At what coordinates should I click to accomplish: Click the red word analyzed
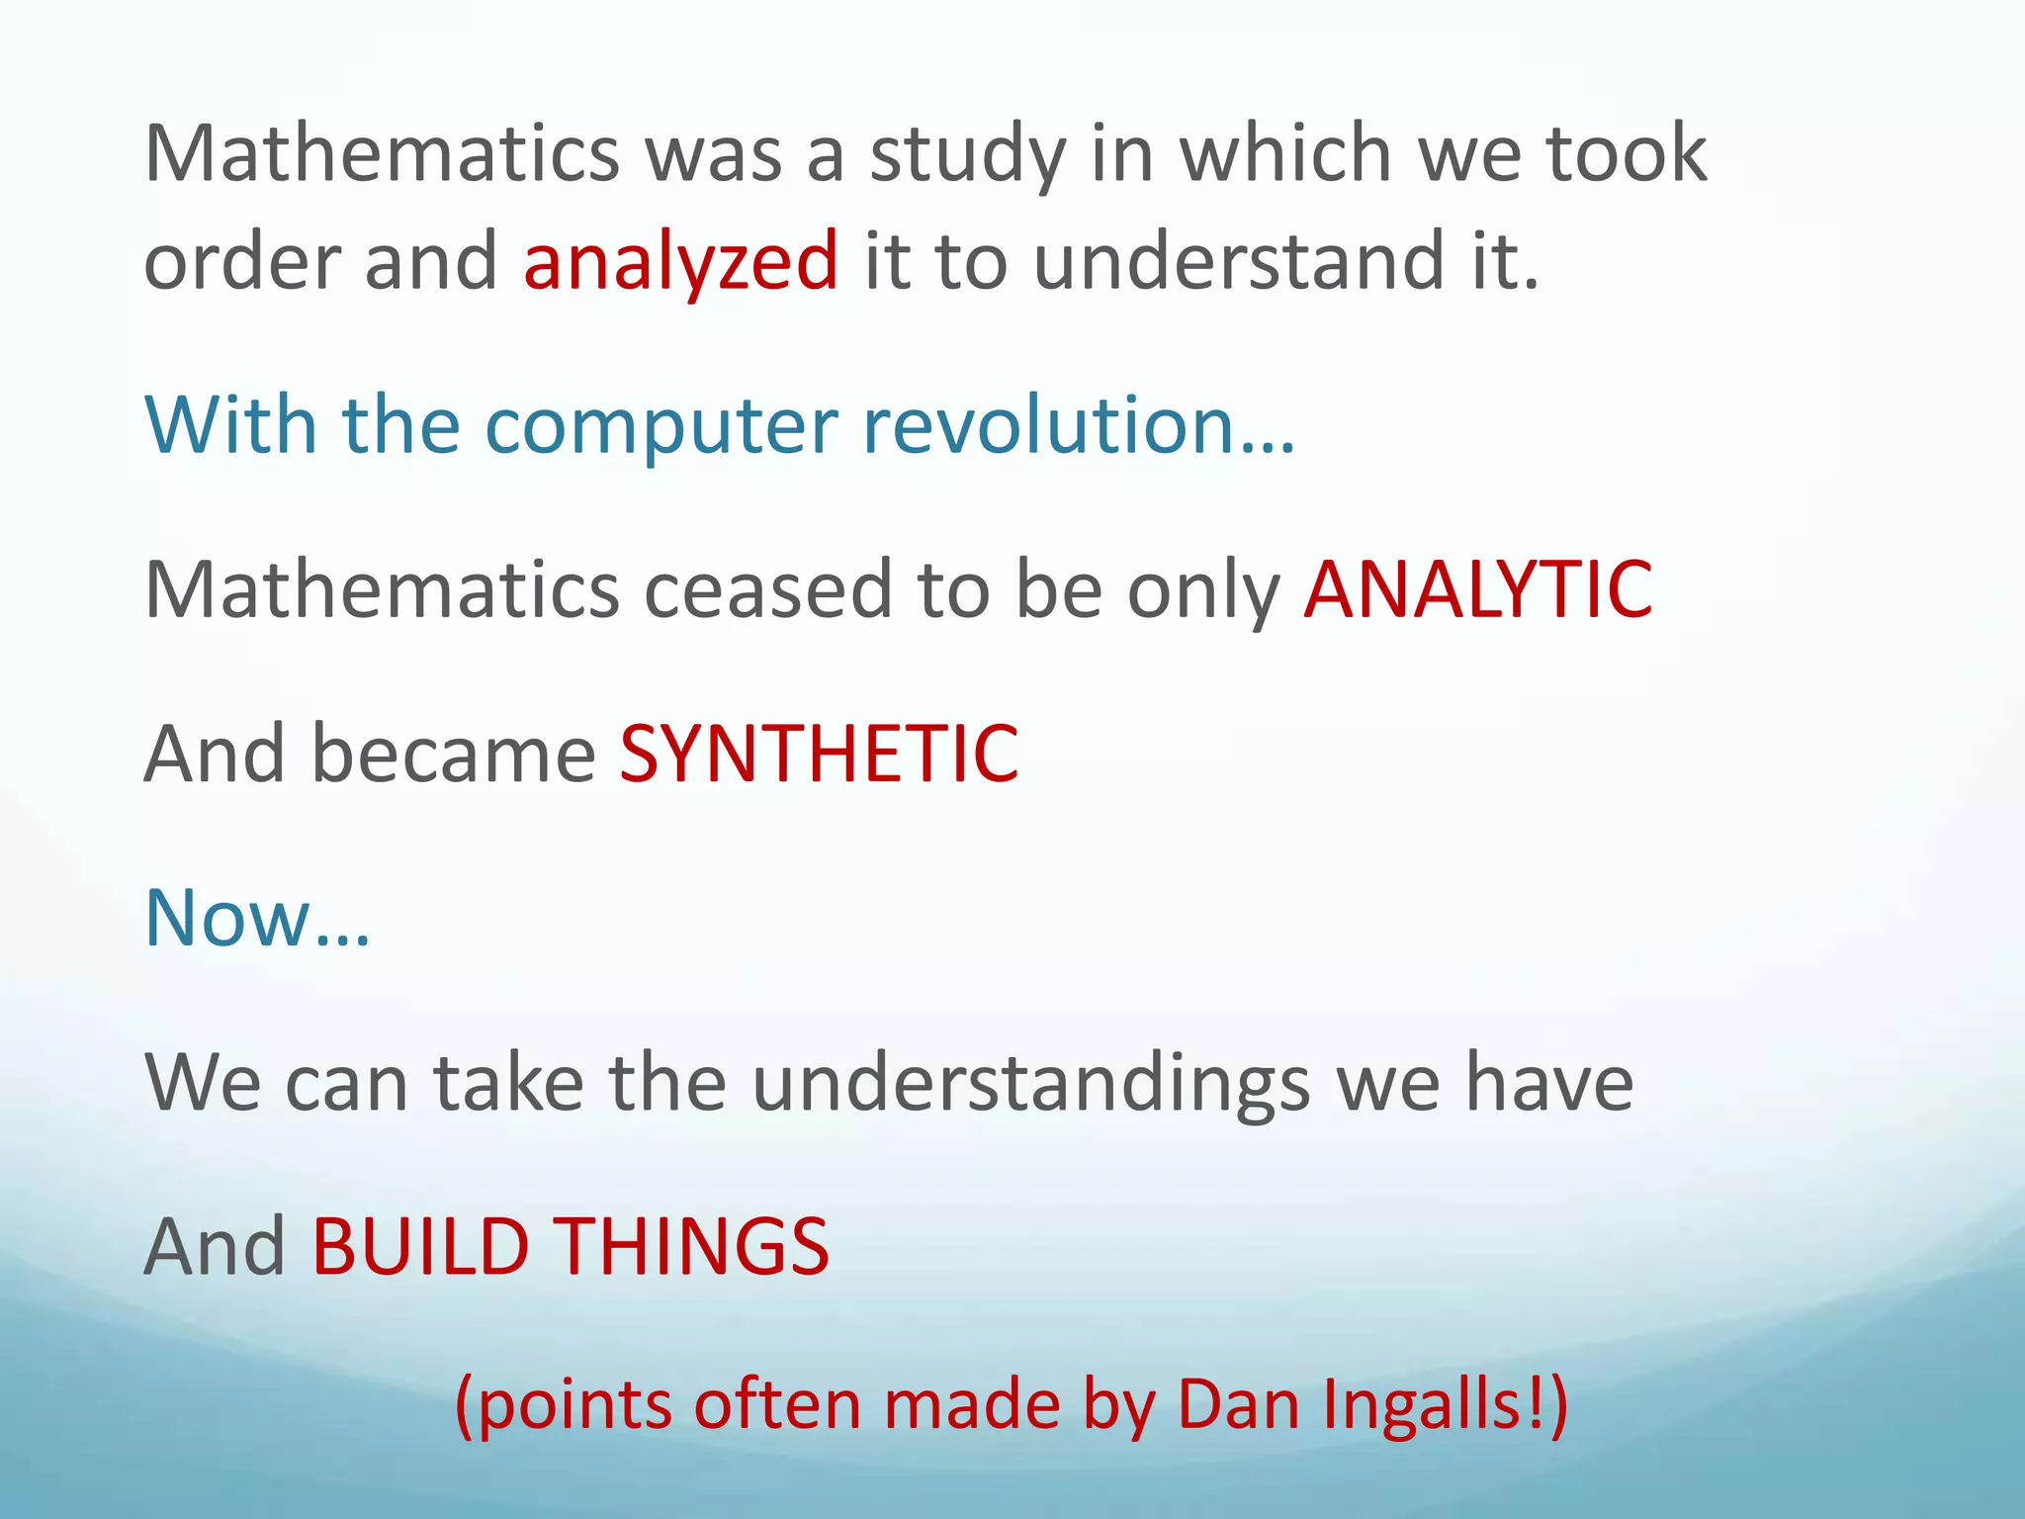[680, 261]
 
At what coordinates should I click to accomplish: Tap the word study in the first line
[967, 154]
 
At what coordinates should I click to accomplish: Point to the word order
[241, 261]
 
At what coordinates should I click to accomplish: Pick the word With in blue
[230, 425]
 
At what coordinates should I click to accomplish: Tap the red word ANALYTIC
[1477, 589]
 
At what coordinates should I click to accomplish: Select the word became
[454, 754]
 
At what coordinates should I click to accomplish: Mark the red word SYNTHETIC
[819, 754]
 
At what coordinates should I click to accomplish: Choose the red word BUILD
[421, 1246]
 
